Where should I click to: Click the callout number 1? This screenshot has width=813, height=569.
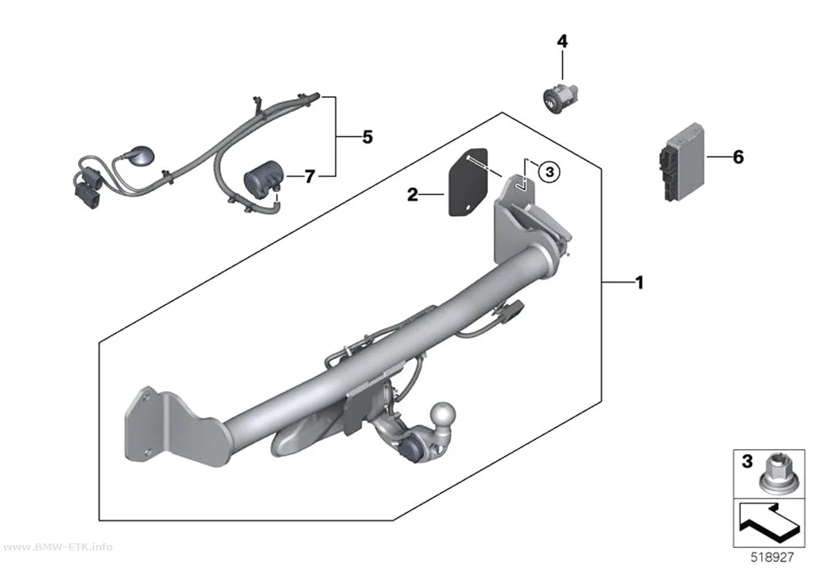point(640,283)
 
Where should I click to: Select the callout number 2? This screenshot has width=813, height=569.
point(412,195)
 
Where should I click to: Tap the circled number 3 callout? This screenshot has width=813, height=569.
point(550,172)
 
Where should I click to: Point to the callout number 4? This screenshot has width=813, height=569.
point(562,41)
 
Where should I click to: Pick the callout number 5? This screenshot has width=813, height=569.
point(367,137)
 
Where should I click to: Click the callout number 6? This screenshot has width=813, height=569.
point(738,156)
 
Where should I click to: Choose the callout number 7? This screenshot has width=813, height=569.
point(310,177)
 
